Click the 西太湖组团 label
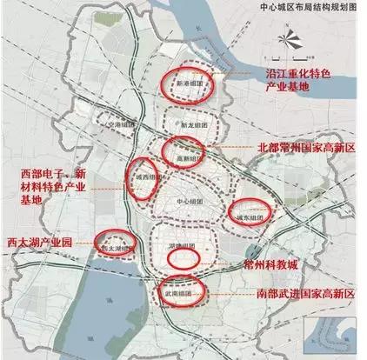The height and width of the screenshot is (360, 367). pyautogui.click(x=116, y=246)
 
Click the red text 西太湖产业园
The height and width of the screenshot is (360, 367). pyautogui.click(x=38, y=242)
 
